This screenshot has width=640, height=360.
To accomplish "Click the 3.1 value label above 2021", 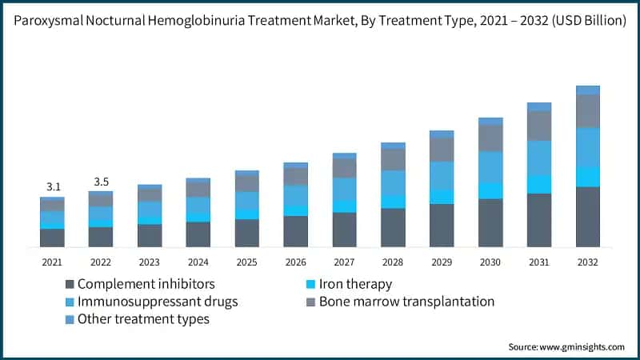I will pyautogui.click(x=53, y=187).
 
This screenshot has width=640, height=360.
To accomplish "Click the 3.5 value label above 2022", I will pyautogui.click(x=101, y=182).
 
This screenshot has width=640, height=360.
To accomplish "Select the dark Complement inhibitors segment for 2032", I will pyautogui.click(x=588, y=216).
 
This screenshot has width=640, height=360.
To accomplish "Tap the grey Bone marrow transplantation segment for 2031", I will pyautogui.click(x=539, y=126).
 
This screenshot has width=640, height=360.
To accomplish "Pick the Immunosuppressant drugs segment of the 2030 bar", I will pyautogui.click(x=490, y=166).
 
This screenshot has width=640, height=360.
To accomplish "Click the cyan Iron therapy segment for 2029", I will pyautogui.click(x=442, y=197).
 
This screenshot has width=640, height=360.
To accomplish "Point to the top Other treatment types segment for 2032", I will pyautogui.click(x=588, y=90).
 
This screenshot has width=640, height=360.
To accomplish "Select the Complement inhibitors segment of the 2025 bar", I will pyautogui.click(x=247, y=232).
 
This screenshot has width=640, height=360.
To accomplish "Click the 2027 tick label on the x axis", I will pyautogui.click(x=344, y=262).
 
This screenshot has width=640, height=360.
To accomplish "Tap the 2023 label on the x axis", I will pyautogui.click(x=150, y=262).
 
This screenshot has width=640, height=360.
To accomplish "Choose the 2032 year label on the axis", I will pyautogui.click(x=588, y=262).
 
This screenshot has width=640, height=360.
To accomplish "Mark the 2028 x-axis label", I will pyautogui.click(x=393, y=262).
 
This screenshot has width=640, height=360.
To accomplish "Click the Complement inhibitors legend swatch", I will pyautogui.click(x=70, y=284).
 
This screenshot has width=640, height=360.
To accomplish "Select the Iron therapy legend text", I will pyautogui.click(x=355, y=284).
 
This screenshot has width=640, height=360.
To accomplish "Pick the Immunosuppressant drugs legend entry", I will pyautogui.click(x=158, y=302).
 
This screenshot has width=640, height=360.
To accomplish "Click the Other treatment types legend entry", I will pyautogui.click(x=143, y=319).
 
